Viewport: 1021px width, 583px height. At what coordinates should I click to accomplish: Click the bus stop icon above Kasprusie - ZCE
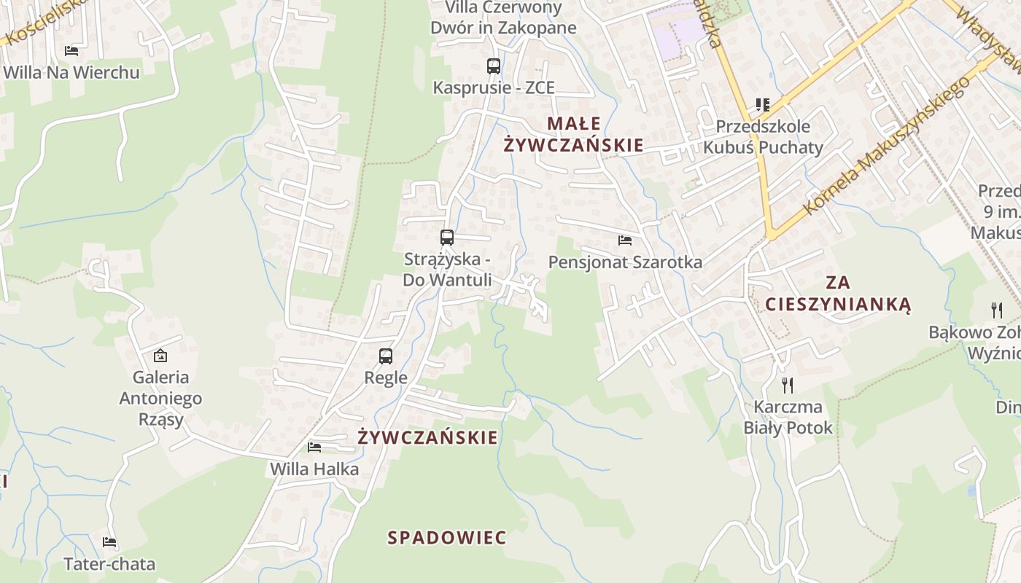[x=494, y=66]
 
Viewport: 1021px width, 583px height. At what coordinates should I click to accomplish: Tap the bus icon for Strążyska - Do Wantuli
[x=447, y=238]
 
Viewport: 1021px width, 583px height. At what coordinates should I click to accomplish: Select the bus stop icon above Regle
[x=386, y=356]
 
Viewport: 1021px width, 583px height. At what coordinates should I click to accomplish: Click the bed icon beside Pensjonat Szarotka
[x=625, y=240]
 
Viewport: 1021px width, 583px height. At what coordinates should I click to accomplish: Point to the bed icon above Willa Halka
[x=314, y=447]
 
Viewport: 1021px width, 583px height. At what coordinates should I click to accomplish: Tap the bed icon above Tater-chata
[x=109, y=542]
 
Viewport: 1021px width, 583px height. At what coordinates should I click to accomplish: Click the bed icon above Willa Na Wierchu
[x=71, y=50]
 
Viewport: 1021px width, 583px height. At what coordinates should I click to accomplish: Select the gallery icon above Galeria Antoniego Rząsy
[x=160, y=356]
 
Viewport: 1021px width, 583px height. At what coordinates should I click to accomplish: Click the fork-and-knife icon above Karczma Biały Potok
[x=788, y=385]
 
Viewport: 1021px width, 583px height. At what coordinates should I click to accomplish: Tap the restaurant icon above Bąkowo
[x=997, y=310]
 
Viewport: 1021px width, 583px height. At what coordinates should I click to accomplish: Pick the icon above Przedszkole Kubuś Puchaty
[x=763, y=105]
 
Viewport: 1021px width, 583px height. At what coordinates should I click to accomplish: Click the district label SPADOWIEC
[x=447, y=538]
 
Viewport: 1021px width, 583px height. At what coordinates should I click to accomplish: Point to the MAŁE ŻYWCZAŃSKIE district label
[x=574, y=134]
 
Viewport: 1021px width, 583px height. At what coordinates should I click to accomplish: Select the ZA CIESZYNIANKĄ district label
[x=839, y=293]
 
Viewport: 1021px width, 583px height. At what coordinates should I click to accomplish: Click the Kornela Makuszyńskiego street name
[x=886, y=146]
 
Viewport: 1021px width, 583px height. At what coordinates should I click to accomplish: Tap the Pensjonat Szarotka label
[x=625, y=262]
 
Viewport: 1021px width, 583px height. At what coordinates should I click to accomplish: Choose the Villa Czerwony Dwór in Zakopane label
[x=503, y=18]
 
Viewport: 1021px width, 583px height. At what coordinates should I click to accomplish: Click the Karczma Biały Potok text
[x=788, y=417]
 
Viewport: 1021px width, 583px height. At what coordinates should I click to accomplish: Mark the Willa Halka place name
[x=314, y=469]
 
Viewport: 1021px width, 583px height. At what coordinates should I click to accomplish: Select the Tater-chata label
[x=109, y=564]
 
